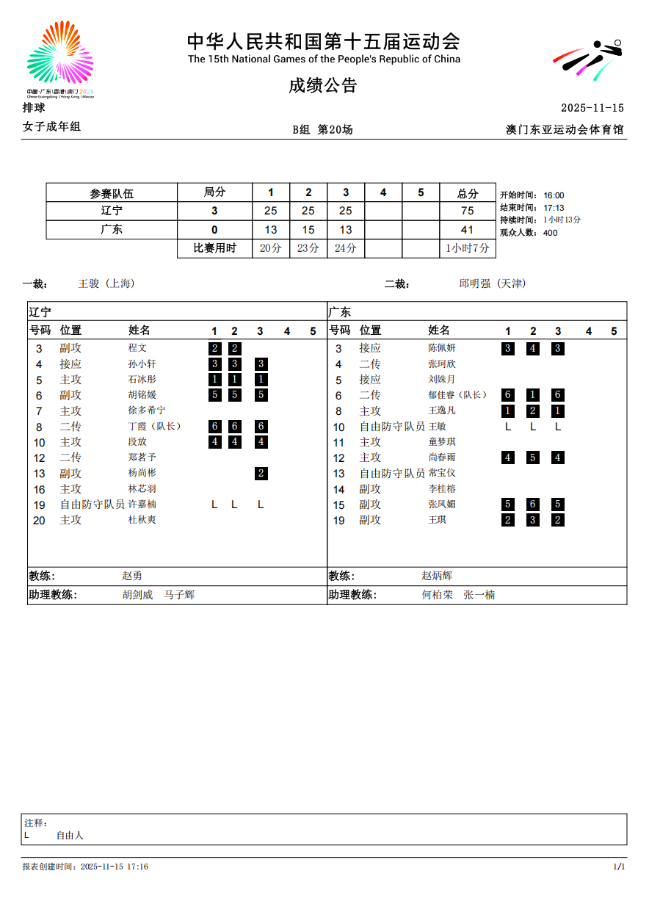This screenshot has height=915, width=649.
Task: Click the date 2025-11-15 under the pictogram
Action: click(x=592, y=108)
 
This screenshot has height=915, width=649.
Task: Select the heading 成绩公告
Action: click(x=323, y=85)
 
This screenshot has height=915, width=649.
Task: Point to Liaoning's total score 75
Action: click(x=467, y=211)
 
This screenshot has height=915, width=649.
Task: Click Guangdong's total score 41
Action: click(x=467, y=230)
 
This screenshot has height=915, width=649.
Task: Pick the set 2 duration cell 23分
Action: click(x=308, y=248)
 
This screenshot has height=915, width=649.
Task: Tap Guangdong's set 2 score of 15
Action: click(x=308, y=230)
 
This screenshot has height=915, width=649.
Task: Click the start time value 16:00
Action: click(x=554, y=195)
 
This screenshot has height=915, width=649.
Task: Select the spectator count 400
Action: click(x=550, y=233)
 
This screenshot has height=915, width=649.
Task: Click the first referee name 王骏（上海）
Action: click(x=106, y=283)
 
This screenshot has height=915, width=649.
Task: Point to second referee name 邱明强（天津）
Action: click(x=493, y=283)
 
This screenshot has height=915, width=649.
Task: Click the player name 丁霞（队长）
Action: click(x=155, y=427)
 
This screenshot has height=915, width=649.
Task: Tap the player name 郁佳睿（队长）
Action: click(x=458, y=395)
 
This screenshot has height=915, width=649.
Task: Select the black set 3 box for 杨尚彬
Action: click(x=261, y=474)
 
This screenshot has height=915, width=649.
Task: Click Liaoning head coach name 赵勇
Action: click(x=132, y=576)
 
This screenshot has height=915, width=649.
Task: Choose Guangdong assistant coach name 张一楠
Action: click(x=479, y=595)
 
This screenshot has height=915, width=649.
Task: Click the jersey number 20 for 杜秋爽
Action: click(x=40, y=521)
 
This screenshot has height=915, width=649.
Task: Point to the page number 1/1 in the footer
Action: click(x=619, y=867)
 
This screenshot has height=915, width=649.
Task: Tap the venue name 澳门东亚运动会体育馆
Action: click(x=565, y=130)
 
